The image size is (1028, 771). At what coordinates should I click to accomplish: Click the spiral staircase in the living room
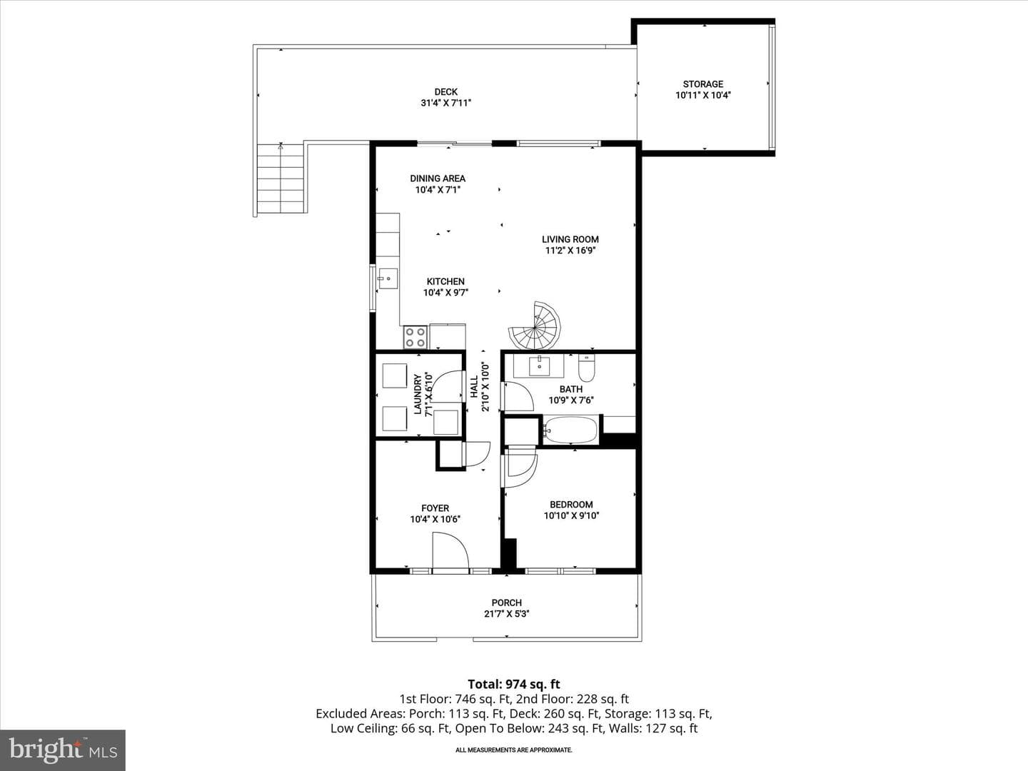click(535, 326)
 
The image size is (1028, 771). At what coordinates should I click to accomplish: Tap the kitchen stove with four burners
click(415, 337)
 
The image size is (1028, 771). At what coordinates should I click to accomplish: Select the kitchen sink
click(388, 278)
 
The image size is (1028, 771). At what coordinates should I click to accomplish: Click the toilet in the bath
click(586, 368)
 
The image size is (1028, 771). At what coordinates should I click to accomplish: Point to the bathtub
click(571, 430)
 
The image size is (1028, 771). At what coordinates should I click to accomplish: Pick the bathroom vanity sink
click(539, 366)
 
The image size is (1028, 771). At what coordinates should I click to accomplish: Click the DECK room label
click(446, 92)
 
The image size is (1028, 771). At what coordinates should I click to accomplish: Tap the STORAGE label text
click(703, 84)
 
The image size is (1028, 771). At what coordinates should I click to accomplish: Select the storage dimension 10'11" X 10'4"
click(703, 96)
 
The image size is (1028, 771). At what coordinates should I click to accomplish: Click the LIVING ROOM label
click(570, 239)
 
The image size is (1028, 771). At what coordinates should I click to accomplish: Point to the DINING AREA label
click(438, 178)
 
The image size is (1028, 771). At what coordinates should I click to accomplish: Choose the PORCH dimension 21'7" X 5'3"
click(507, 614)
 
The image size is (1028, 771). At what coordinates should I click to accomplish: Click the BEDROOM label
click(571, 504)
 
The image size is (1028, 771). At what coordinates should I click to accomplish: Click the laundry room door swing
click(446, 386)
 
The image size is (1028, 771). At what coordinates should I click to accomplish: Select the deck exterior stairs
click(281, 178)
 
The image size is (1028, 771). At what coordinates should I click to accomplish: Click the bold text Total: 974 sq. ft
click(514, 685)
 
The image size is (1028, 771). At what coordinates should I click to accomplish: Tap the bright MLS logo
click(63, 750)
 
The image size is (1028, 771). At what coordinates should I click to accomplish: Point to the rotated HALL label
click(474, 387)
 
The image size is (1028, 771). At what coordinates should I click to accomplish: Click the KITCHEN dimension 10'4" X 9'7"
click(446, 293)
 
